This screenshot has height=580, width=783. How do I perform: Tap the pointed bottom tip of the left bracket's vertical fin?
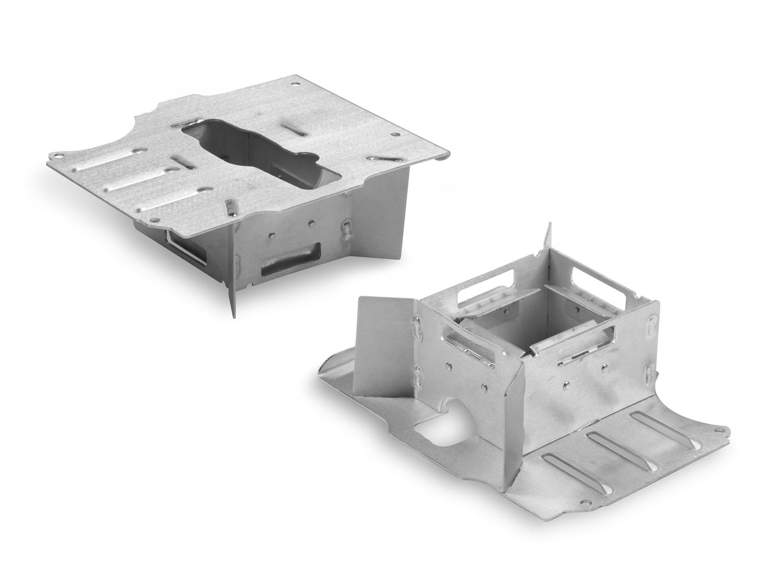233,316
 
